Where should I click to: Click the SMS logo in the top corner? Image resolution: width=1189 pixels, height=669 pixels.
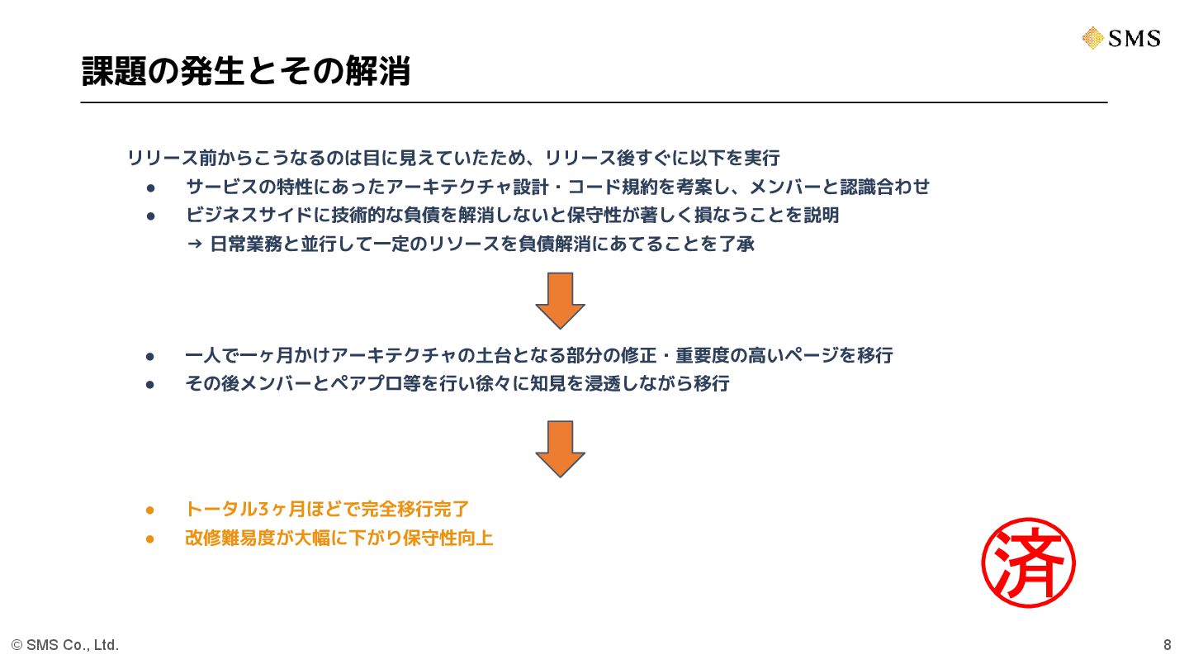point(1120,38)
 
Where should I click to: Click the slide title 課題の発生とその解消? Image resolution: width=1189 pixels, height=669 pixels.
point(246,72)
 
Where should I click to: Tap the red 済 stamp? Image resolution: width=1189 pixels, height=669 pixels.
point(1028,563)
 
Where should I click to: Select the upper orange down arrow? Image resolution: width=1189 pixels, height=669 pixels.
point(560,301)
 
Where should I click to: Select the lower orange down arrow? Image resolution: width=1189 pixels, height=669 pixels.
point(560,448)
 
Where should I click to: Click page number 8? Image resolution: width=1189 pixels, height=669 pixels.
point(1167,645)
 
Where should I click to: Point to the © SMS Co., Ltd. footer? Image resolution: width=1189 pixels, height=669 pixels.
point(65,645)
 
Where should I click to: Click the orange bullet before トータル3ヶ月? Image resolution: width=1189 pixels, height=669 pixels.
point(150,510)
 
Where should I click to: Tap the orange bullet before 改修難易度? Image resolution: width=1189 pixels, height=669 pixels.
point(150,539)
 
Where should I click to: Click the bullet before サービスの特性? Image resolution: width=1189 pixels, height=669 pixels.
point(151,187)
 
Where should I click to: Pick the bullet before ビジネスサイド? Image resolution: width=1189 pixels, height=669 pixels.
point(151,216)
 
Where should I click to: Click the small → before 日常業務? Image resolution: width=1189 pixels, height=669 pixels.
point(195,244)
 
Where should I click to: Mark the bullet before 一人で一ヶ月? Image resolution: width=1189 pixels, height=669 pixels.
point(150,356)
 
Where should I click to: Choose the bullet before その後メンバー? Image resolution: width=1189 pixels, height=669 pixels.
point(150,384)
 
